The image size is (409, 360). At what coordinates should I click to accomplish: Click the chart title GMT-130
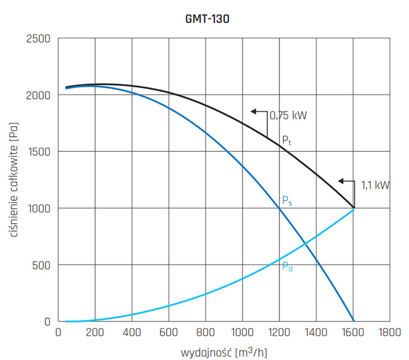coord(207,19)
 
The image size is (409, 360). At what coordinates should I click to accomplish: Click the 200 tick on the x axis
coord(95,332)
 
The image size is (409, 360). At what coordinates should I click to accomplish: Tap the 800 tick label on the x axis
coord(205,332)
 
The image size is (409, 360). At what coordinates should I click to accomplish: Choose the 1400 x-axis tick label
coord(316,332)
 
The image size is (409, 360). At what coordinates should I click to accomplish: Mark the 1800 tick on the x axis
coord(390,332)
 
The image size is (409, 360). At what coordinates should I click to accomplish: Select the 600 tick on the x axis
coord(169,332)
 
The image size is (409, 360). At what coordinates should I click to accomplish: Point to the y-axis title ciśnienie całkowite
coord(14,179)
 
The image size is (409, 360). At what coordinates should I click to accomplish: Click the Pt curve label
coord(287,140)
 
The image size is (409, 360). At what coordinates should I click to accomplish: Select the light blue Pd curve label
coord(287,266)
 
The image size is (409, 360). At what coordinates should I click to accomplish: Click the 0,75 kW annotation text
coord(289,115)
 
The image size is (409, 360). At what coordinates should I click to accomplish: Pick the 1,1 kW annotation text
coord(375,185)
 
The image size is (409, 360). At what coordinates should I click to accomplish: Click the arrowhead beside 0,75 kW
coord(254,111)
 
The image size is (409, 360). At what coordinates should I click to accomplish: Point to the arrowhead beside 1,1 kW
coord(341,181)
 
